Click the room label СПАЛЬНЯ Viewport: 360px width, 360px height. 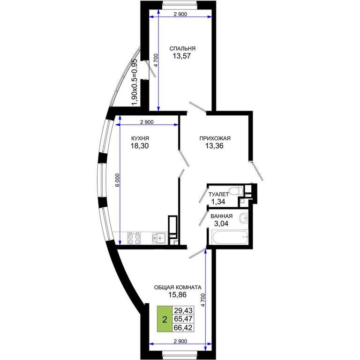click(x=182, y=49)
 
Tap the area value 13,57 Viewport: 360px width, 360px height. click(x=182, y=56)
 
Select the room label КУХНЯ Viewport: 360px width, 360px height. click(x=140, y=138)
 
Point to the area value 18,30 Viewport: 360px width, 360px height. click(x=140, y=146)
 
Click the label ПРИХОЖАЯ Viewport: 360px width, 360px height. click(x=215, y=138)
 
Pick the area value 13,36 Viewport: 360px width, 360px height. click(x=214, y=146)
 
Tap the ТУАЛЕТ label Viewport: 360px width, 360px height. click(x=218, y=194)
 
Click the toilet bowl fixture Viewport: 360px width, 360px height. click(x=236, y=191)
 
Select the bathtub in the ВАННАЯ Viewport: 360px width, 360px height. click(x=230, y=237)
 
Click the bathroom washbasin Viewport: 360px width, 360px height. click(x=243, y=217)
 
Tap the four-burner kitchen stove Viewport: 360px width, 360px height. click(x=134, y=238)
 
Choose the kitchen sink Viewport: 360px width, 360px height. click(x=159, y=238)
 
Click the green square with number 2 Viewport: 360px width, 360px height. click(x=165, y=319)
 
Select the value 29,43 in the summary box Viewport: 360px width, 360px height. click(x=183, y=310)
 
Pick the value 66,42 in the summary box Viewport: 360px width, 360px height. click(x=183, y=328)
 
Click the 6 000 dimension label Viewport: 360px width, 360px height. click(x=118, y=180)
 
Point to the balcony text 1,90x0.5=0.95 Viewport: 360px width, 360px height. click(x=134, y=82)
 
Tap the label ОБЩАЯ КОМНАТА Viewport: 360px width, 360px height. click(x=178, y=287)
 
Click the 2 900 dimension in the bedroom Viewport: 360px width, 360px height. click(x=180, y=14)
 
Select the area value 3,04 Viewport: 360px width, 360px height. click(x=221, y=224)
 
